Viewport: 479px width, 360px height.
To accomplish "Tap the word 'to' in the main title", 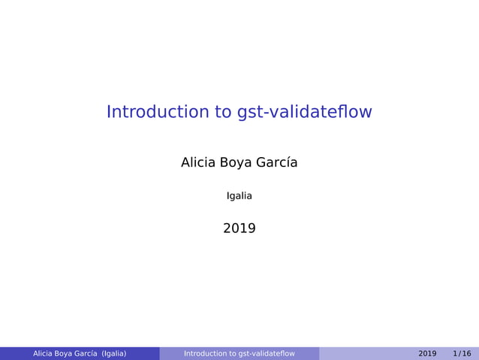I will click(224, 112).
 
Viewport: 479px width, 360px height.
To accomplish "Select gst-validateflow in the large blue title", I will click(304, 112).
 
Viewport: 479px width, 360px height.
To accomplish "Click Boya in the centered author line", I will click(237, 162).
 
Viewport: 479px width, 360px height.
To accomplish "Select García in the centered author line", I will click(278, 162).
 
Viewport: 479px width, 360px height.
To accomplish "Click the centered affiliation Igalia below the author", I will click(239, 196).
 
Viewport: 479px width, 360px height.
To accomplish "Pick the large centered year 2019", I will click(239, 228).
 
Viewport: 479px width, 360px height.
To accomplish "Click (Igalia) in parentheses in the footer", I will click(114, 354).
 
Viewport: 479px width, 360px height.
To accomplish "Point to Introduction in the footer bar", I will click(205, 354).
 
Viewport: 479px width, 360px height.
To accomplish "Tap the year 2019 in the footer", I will click(427, 354).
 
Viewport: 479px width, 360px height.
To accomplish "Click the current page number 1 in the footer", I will click(456, 354).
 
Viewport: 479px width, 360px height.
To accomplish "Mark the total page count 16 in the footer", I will click(467, 354).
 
